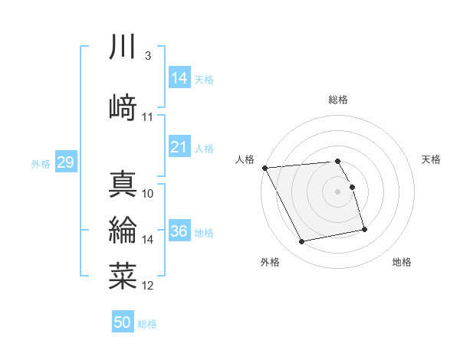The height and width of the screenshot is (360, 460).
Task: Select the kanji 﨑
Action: coord(123,106)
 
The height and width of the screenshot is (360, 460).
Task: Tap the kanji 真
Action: coord(123,184)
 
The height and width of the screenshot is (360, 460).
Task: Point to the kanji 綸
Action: coord(123,231)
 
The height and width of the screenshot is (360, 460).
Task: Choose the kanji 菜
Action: coord(123,276)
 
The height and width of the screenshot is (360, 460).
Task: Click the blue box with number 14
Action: coord(179,77)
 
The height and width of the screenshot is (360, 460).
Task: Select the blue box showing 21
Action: coord(179,147)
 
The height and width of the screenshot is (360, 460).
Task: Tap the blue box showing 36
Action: coord(179,231)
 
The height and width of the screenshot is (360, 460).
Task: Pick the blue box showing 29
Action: coord(65,162)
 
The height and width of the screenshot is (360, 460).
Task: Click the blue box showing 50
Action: coord(123,322)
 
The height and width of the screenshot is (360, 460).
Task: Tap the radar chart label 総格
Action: coord(338,100)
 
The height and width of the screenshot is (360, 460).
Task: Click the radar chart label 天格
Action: coord(431,159)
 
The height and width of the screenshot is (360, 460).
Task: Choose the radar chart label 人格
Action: coord(245,159)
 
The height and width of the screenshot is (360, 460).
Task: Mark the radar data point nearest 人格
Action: coord(264,167)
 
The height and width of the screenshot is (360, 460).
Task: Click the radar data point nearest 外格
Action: coord(302,242)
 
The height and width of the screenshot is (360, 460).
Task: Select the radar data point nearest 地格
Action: coord(364,229)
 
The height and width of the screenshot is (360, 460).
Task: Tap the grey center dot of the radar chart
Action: coord(338,191)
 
